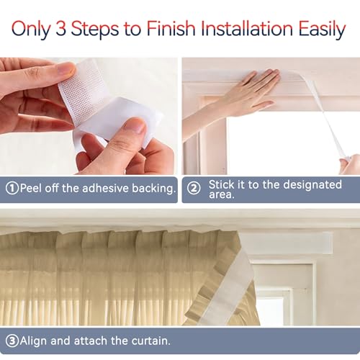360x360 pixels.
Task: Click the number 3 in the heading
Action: (x=61, y=29)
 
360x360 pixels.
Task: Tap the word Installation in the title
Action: (x=247, y=28)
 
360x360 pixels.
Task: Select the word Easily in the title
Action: (x=322, y=30)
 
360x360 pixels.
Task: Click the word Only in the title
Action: (x=32, y=30)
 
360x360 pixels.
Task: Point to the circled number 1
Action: (x=12, y=189)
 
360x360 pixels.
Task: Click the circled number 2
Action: (x=194, y=189)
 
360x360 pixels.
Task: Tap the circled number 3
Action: (x=12, y=341)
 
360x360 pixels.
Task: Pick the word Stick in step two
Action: (x=221, y=184)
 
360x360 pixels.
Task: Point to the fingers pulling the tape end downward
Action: (x=350, y=164)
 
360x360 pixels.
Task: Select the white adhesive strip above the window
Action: (x=287, y=243)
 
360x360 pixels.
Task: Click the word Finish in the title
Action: (x=171, y=28)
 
